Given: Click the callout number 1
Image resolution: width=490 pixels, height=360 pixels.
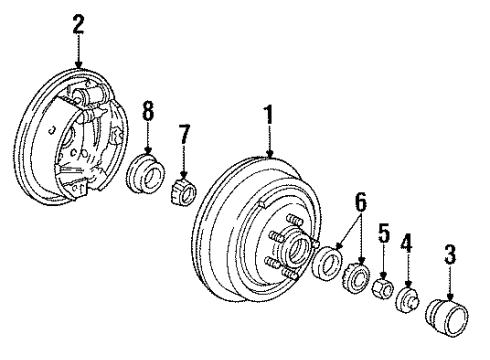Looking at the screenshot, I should [269, 118].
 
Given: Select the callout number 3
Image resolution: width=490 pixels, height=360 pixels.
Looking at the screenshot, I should [450, 258].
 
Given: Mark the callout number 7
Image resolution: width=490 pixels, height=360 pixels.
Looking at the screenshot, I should [183, 135].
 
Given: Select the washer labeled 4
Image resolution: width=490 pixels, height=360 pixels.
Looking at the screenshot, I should [408, 301].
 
